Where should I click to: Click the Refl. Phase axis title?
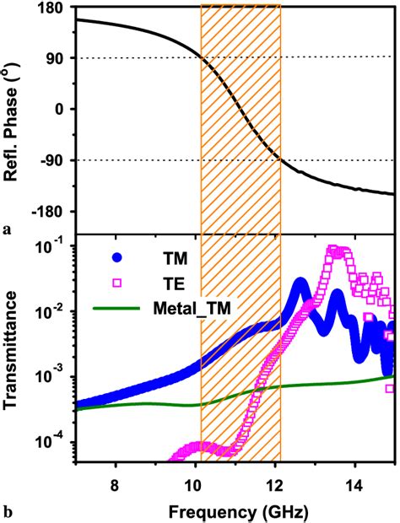[14, 109]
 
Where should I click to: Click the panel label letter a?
[7, 228]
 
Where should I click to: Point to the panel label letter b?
[8, 510]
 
